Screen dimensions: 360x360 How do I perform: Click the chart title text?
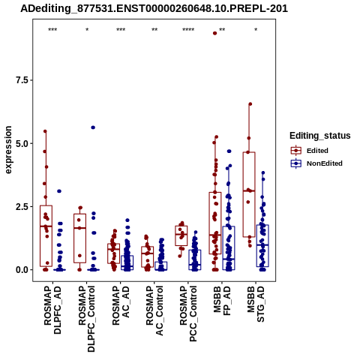pyautogui.click(x=154, y=8)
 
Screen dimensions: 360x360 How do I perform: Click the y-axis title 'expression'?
pyautogui.click(x=8, y=150)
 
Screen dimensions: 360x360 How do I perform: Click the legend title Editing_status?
pyautogui.click(x=320, y=136)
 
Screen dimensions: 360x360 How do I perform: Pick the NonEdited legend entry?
pyautogui.click(x=316, y=163)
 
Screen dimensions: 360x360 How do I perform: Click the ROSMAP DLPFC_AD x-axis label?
pyautogui.click(x=52, y=310)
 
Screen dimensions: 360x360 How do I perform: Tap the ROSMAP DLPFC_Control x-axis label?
pyautogui.click(x=86, y=319)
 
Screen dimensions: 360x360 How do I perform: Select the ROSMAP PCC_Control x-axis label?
pyautogui.click(x=188, y=313)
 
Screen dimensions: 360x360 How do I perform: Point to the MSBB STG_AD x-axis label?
pyautogui.click(x=256, y=304)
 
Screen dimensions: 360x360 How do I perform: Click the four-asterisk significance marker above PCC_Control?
pyautogui.click(x=188, y=30)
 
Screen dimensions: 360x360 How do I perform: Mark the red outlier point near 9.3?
pyautogui.click(x=214, y=33)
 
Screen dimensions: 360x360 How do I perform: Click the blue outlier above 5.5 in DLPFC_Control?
pyautogui.click(x=93, y=127)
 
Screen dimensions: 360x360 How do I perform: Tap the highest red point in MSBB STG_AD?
pyautogui.click(x=250, y=104)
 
